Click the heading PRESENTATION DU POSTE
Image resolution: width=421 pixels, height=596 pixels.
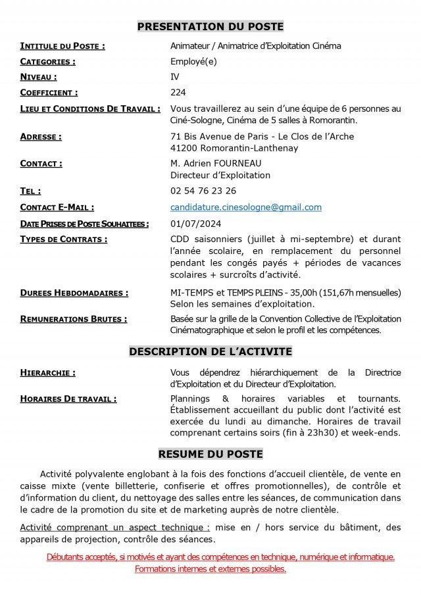[210, 26]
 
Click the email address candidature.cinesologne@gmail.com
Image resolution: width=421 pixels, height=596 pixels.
[246, 207]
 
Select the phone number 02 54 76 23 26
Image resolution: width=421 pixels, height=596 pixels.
[203, 191]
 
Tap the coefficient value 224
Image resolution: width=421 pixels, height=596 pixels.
[178, 93]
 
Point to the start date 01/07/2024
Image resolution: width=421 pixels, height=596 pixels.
[195, 224]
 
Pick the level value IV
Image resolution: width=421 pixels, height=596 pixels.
[175, 77]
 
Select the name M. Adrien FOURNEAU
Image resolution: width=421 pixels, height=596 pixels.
[216, 163]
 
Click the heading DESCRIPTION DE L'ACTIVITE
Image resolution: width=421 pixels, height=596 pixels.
[210, 352]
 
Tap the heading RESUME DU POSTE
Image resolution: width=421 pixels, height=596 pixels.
[210, 454]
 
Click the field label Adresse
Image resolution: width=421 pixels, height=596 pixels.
[41, 137]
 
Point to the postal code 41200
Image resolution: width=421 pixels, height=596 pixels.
[184, 148]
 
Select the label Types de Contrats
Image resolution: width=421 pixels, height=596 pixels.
[63, 239]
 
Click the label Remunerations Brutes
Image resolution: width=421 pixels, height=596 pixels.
[74, 319]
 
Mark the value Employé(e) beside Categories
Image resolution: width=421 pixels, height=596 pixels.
[193, 61]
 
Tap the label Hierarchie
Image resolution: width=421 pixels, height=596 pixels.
[48, 373]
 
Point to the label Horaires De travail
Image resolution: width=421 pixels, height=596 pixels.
[68, 399]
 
